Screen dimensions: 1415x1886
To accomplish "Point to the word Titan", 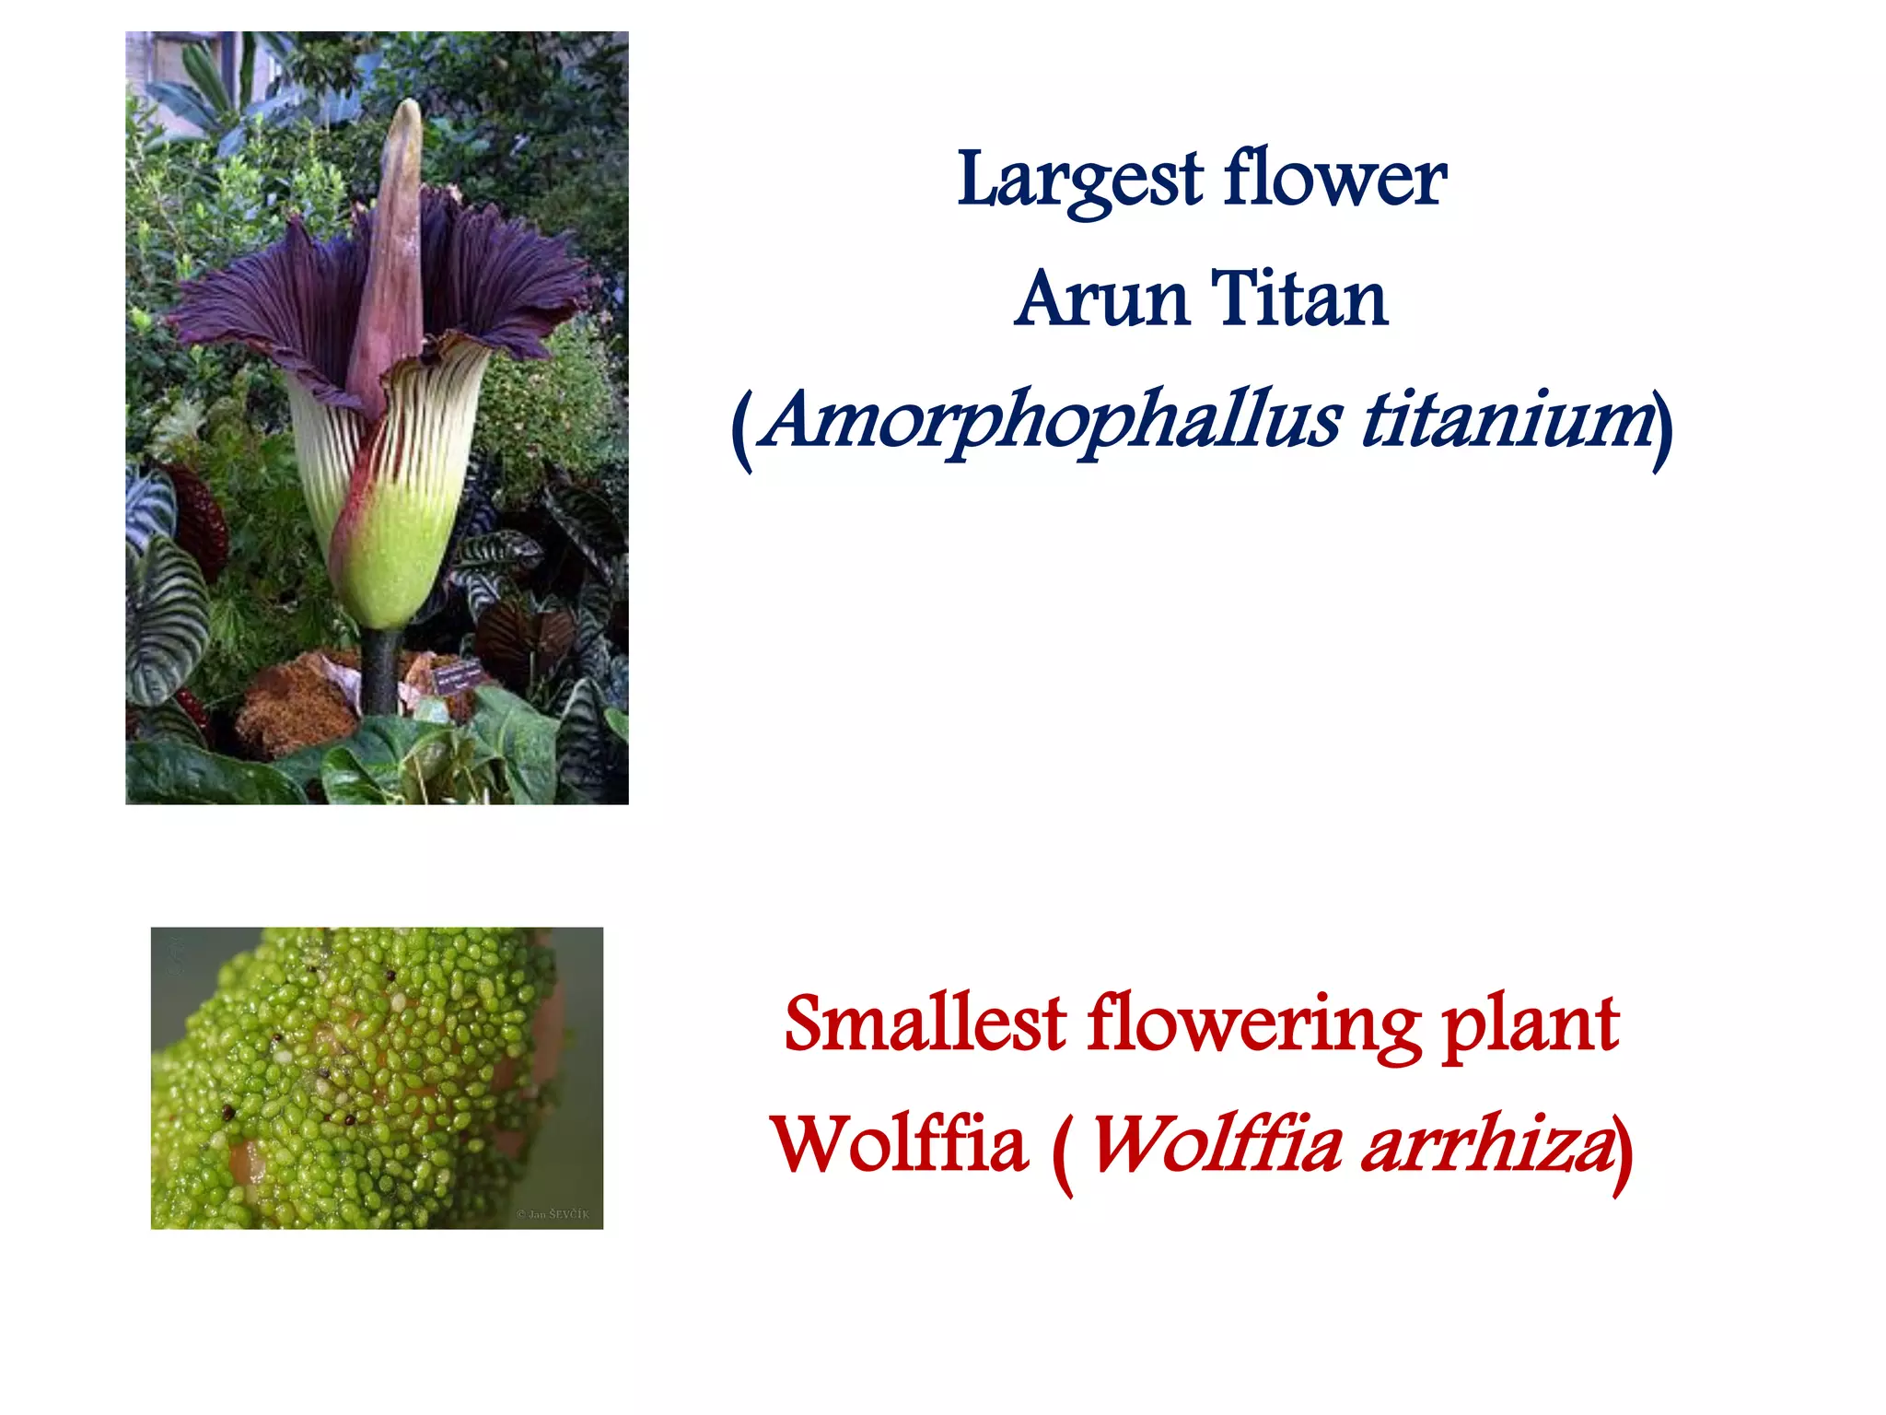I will coord(1298,298).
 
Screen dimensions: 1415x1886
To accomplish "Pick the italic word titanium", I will coord(1506,419).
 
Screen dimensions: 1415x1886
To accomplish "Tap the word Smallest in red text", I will coord(925,1023).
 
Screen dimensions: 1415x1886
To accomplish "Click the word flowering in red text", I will coord(1253,1025).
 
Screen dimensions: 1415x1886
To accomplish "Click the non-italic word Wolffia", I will coord(900,1143).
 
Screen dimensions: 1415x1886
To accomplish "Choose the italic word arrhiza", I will coord(1486,1145).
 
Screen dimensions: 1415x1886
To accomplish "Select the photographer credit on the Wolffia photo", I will coord(553,1214).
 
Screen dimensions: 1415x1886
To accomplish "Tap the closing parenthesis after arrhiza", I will coord(1623,1152).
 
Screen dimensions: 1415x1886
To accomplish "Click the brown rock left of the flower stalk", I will coord(295,705).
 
